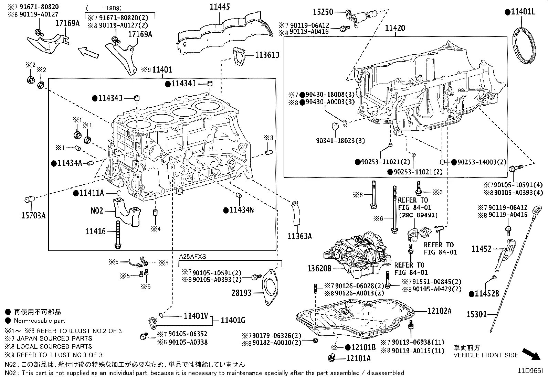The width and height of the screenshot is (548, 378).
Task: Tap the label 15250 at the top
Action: click(323, 12)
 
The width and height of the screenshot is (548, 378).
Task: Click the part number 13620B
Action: click(319, 268)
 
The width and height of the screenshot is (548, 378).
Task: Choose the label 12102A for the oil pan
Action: click(439, 311)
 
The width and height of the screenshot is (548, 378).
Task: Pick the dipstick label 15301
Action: click(476, 314)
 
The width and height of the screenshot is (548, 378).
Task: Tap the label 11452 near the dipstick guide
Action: click(481, 249)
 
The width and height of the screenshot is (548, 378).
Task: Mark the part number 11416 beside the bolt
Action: click(96, 231)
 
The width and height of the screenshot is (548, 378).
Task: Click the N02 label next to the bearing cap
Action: click(97, 210)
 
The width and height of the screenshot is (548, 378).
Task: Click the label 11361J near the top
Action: click(267, 55)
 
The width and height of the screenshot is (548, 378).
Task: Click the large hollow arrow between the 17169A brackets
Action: click(88, 53)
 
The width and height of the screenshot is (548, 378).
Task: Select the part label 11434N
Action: click(242, 209)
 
